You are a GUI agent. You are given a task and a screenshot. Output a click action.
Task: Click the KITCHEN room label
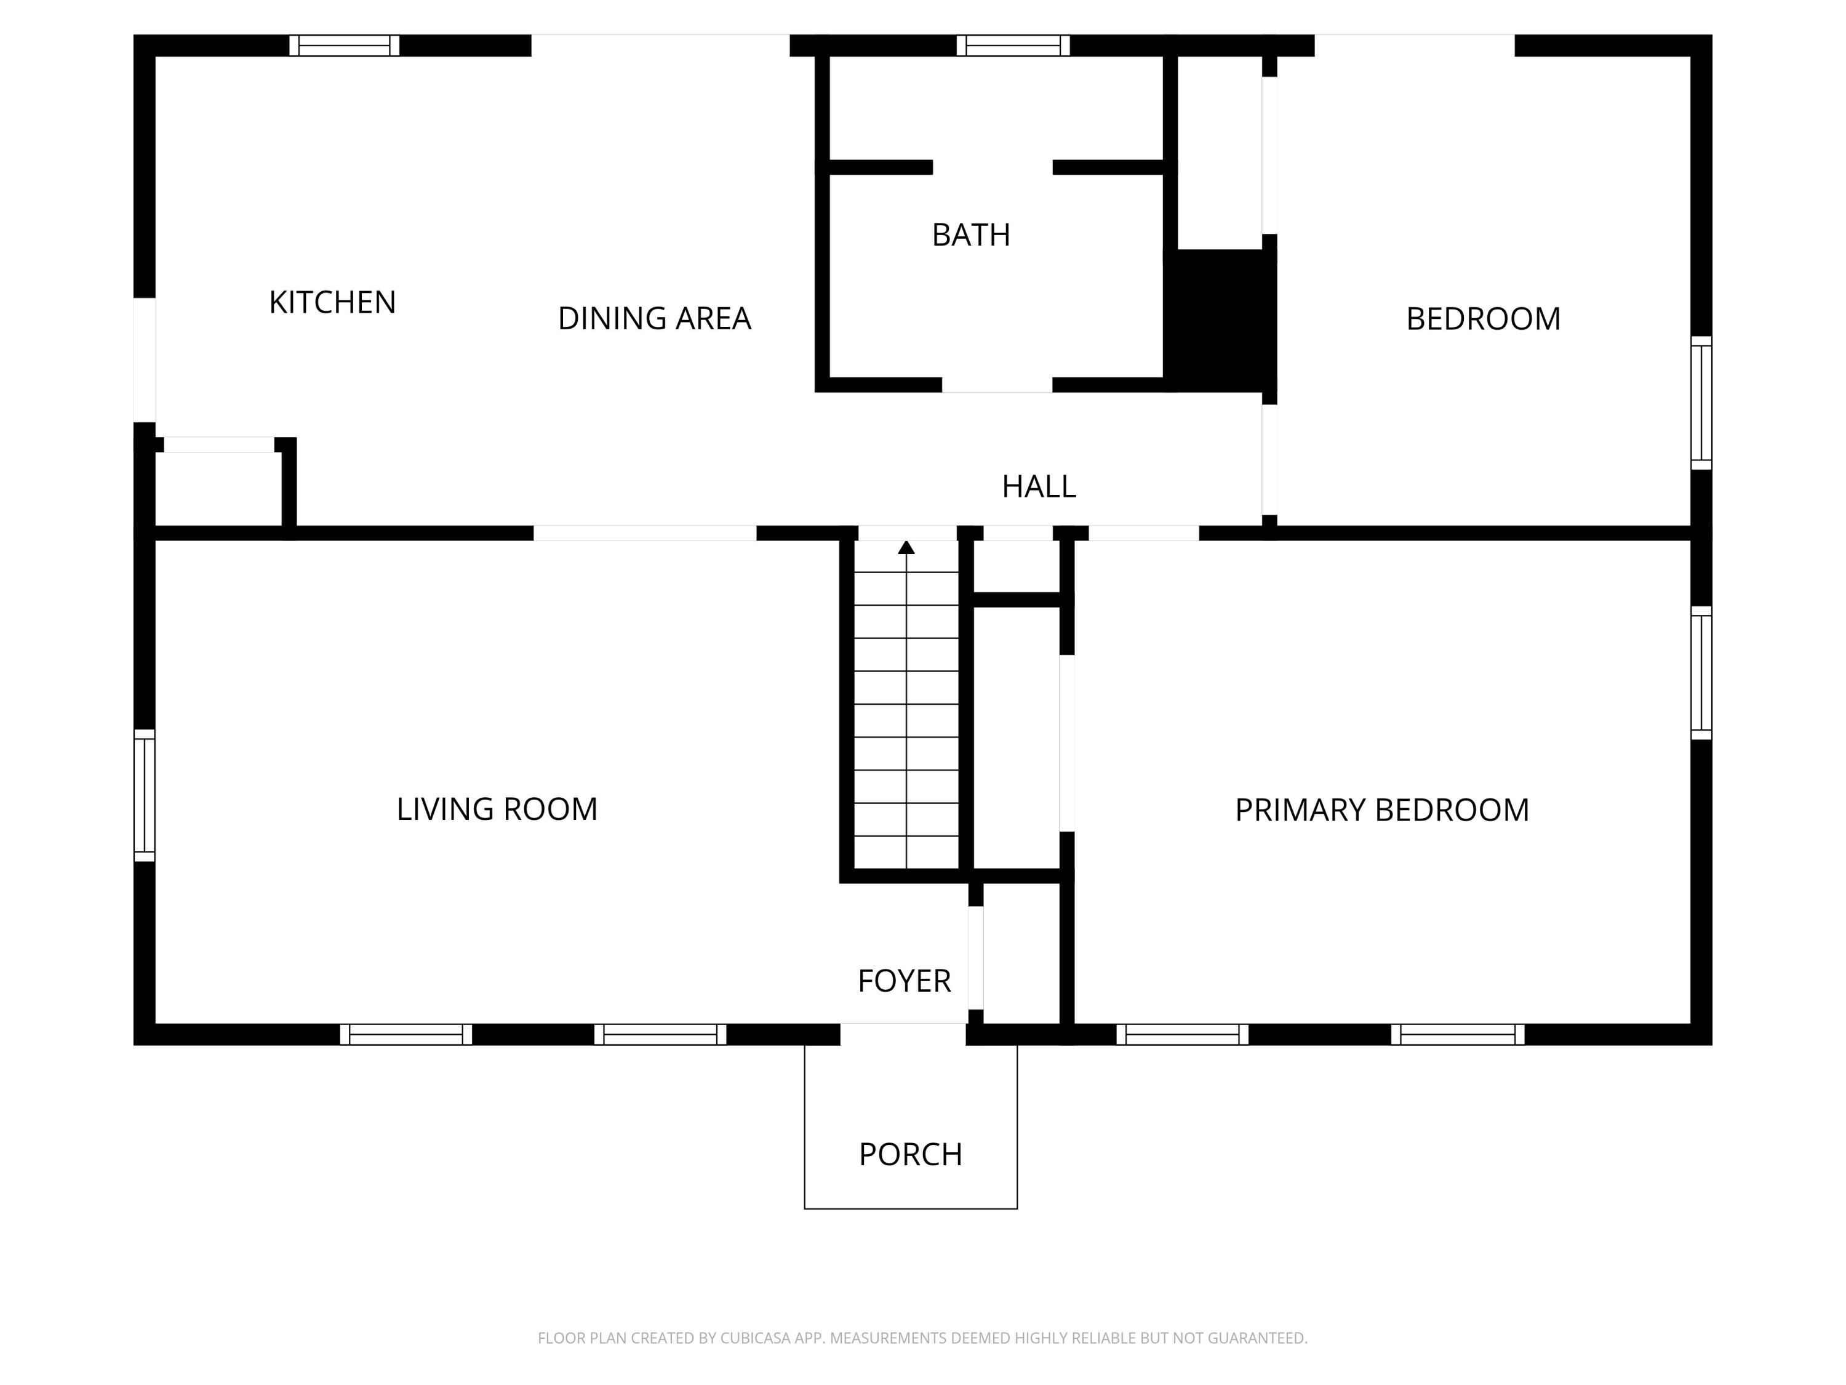pos(332,302)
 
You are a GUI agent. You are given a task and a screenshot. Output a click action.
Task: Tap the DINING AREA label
pos(654,318)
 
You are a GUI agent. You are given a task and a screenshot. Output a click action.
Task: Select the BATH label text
pos(970,235)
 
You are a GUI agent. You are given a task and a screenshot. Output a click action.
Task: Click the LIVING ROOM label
pos(497,809)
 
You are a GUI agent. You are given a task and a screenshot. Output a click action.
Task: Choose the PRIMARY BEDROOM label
pos(1381,810)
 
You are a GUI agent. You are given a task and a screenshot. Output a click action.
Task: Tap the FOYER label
pos(904,981)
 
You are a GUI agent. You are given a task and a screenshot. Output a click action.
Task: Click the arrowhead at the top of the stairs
pos(906,548)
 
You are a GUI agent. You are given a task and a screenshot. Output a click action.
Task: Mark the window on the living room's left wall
pos(145,795)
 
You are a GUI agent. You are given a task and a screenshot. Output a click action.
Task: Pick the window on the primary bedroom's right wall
pos(1701,672)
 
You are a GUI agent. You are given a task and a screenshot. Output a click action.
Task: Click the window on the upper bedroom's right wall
pos(1701,403)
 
